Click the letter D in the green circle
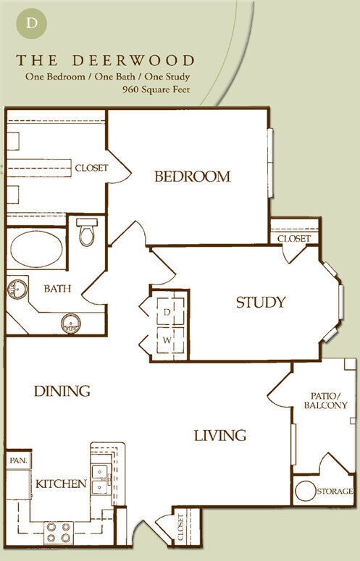pyautogui.click(x=32, y=22)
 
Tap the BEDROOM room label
pyautogui.click(x=192, y=176)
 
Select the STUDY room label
pyautogui.click(x=260, y=303)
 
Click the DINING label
pyautogui.click(x=62, y=391)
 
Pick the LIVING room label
pyautogui.click(x=219, y=435)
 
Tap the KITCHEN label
pyautogui.click(x=62, y=484)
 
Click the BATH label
pyautogui.click(x=57, y=288)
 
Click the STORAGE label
pyautogui.click(x=335, y=492)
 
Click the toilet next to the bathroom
pyautogui.click(x=88, y=233)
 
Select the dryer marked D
pyautogui.click(x=167, y=311)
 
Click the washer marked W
pyautogui.click(x=167, y=339)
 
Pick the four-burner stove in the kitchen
pyautogui.click(x=58, y=532)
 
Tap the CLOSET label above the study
pyautogui.click(x=293, y=238)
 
